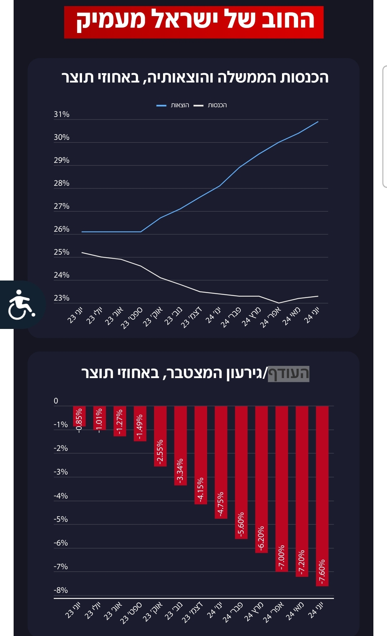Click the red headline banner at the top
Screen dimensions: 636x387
click(x=194, y=22)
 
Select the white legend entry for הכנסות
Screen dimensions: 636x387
click(x=210, y=105)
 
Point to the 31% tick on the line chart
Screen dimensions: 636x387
click(x=62, y=114)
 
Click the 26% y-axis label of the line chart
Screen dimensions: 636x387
click(x=62, y=229)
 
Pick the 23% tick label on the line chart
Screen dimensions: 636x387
click(x=62, y=298)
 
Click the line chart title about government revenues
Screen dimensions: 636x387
click(x=195, y=77)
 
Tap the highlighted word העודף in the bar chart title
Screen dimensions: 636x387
click(x=288, y=373)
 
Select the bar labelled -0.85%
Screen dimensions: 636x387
click(x=79, y=416)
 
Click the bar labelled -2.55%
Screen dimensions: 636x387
click(x=160, y=436)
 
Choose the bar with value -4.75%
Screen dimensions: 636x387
click(x=221, y=462)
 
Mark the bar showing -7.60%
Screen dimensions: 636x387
click(x=322, y=496)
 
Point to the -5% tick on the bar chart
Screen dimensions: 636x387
click(x=61, y=519)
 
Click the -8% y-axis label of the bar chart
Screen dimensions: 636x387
click(x=61, y=590)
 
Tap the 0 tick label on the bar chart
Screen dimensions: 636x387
click(x=56, y=401)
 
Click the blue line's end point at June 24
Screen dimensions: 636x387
click(x=318, y=122)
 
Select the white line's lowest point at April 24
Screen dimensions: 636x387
click(x=279, y=303)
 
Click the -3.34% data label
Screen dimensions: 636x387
click(x=180, y=470)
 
